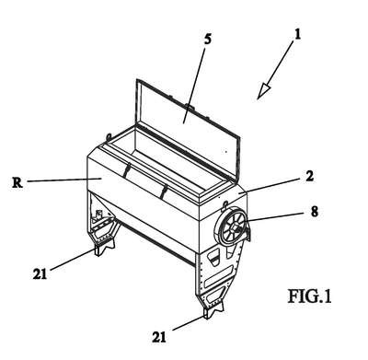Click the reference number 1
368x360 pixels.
[x=296, y=35]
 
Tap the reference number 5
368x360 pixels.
[x=208, y=40]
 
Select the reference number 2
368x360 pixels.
[x=310, y=176]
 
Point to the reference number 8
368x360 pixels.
[x=314, y=212]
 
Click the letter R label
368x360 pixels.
[x=17, y=182]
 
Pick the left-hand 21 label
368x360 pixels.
[x=40, y=273]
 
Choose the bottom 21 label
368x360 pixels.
[x=159, y=337]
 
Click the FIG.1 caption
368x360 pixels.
[x=309, y=296]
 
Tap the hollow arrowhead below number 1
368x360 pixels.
[x=263, y=91]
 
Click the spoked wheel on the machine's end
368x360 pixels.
[x=233, y=226]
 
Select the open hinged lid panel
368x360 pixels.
[x=188, y=128]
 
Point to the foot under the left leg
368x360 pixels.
[x=103, y=248]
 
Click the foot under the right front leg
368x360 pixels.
[x=213, y=309]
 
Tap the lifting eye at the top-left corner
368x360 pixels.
[x=109, y=136]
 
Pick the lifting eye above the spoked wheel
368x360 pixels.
[x=225, y=203]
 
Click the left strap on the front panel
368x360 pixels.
[x=126, y=170]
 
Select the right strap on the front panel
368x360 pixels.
[x=164, y=192]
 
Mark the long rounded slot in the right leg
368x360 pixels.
[x=218, y=274]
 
